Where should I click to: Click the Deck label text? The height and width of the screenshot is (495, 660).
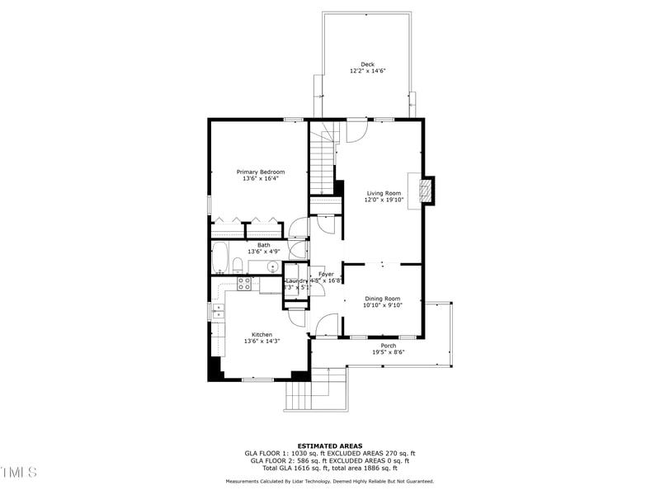(x=367, y=64)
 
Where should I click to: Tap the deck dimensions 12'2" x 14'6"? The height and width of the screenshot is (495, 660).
(x=367, y=72)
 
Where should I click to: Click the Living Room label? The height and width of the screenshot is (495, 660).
(x=383, y=193)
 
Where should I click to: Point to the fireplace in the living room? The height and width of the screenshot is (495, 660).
(x=426, y=191)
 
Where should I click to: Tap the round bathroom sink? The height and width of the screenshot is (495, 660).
(x=272, y=266)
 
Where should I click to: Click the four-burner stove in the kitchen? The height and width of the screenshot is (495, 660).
(x=245, y=284)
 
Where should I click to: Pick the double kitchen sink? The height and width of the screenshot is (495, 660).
(x=219, y=311)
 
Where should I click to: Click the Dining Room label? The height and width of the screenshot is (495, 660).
(x=383, y=299)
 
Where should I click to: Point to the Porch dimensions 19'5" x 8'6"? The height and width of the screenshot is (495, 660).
(x=388, y=352)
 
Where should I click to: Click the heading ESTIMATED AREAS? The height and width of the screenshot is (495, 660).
(x=329, y=445)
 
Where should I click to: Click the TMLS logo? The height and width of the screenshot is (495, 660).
(x=19, y=472)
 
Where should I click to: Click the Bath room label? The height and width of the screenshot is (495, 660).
(x=263, y=244)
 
